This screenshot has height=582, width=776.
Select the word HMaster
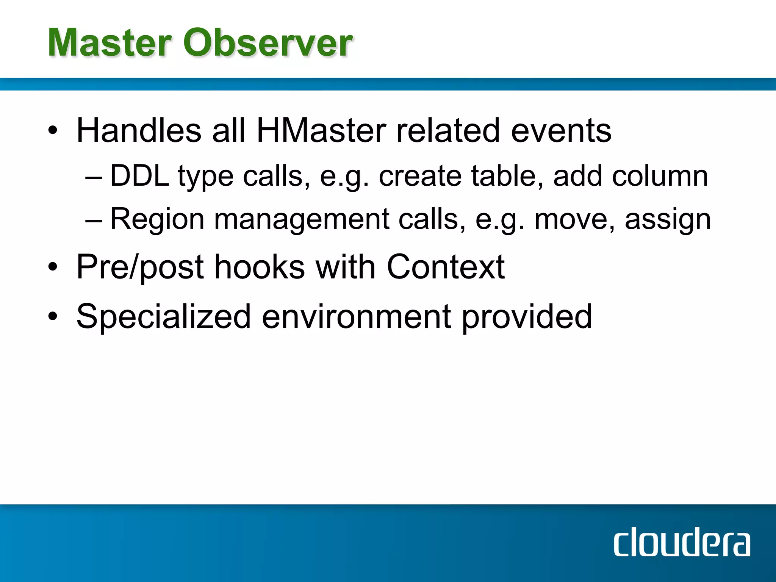point(321,130)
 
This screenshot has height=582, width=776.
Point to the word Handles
point(139,130)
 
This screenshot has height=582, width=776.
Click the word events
point(561,130)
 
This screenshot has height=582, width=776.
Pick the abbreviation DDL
point(139,176)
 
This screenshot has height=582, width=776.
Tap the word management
point(301,220)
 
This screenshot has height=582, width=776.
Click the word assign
point(668,220)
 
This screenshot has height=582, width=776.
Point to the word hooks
point(260,267)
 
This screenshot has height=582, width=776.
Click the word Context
point(446,267)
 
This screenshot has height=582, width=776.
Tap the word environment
point(356,317)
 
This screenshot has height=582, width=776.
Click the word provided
point(526,317)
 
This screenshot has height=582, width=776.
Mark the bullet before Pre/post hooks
point(53,267)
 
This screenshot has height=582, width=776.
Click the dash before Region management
point(94,220)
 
